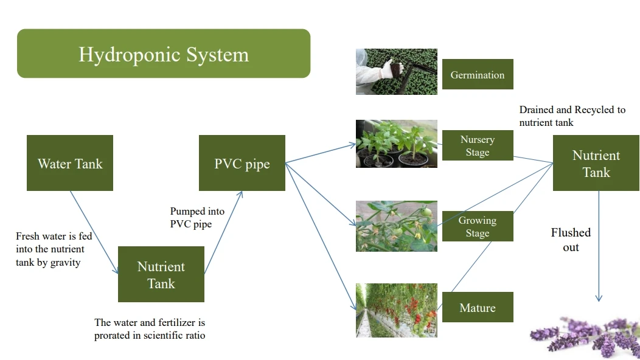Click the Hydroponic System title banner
click(x=164, y=54)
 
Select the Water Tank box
click(x=70, y=163)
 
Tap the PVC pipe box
click(x=242, y=163)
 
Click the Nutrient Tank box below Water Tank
click(x=161, y=274)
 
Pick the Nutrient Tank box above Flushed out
click(x=596, y=164)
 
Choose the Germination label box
click(x=478, y=74)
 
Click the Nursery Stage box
click(x=478, y=145)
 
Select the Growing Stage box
click(x=478, y=226)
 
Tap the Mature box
click(x=478, y=307)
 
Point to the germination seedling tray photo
click(x=397, y=72)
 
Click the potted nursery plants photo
click(x=397, y=144)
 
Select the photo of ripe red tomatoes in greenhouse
click(x=397, y=310)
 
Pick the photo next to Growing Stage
click(x=397, y=226)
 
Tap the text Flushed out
click(x=571, y=240)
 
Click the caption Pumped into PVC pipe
click(x=197, y=218)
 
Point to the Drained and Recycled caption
click(x=572, y=116)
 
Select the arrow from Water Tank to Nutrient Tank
click(x=94, y=232)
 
